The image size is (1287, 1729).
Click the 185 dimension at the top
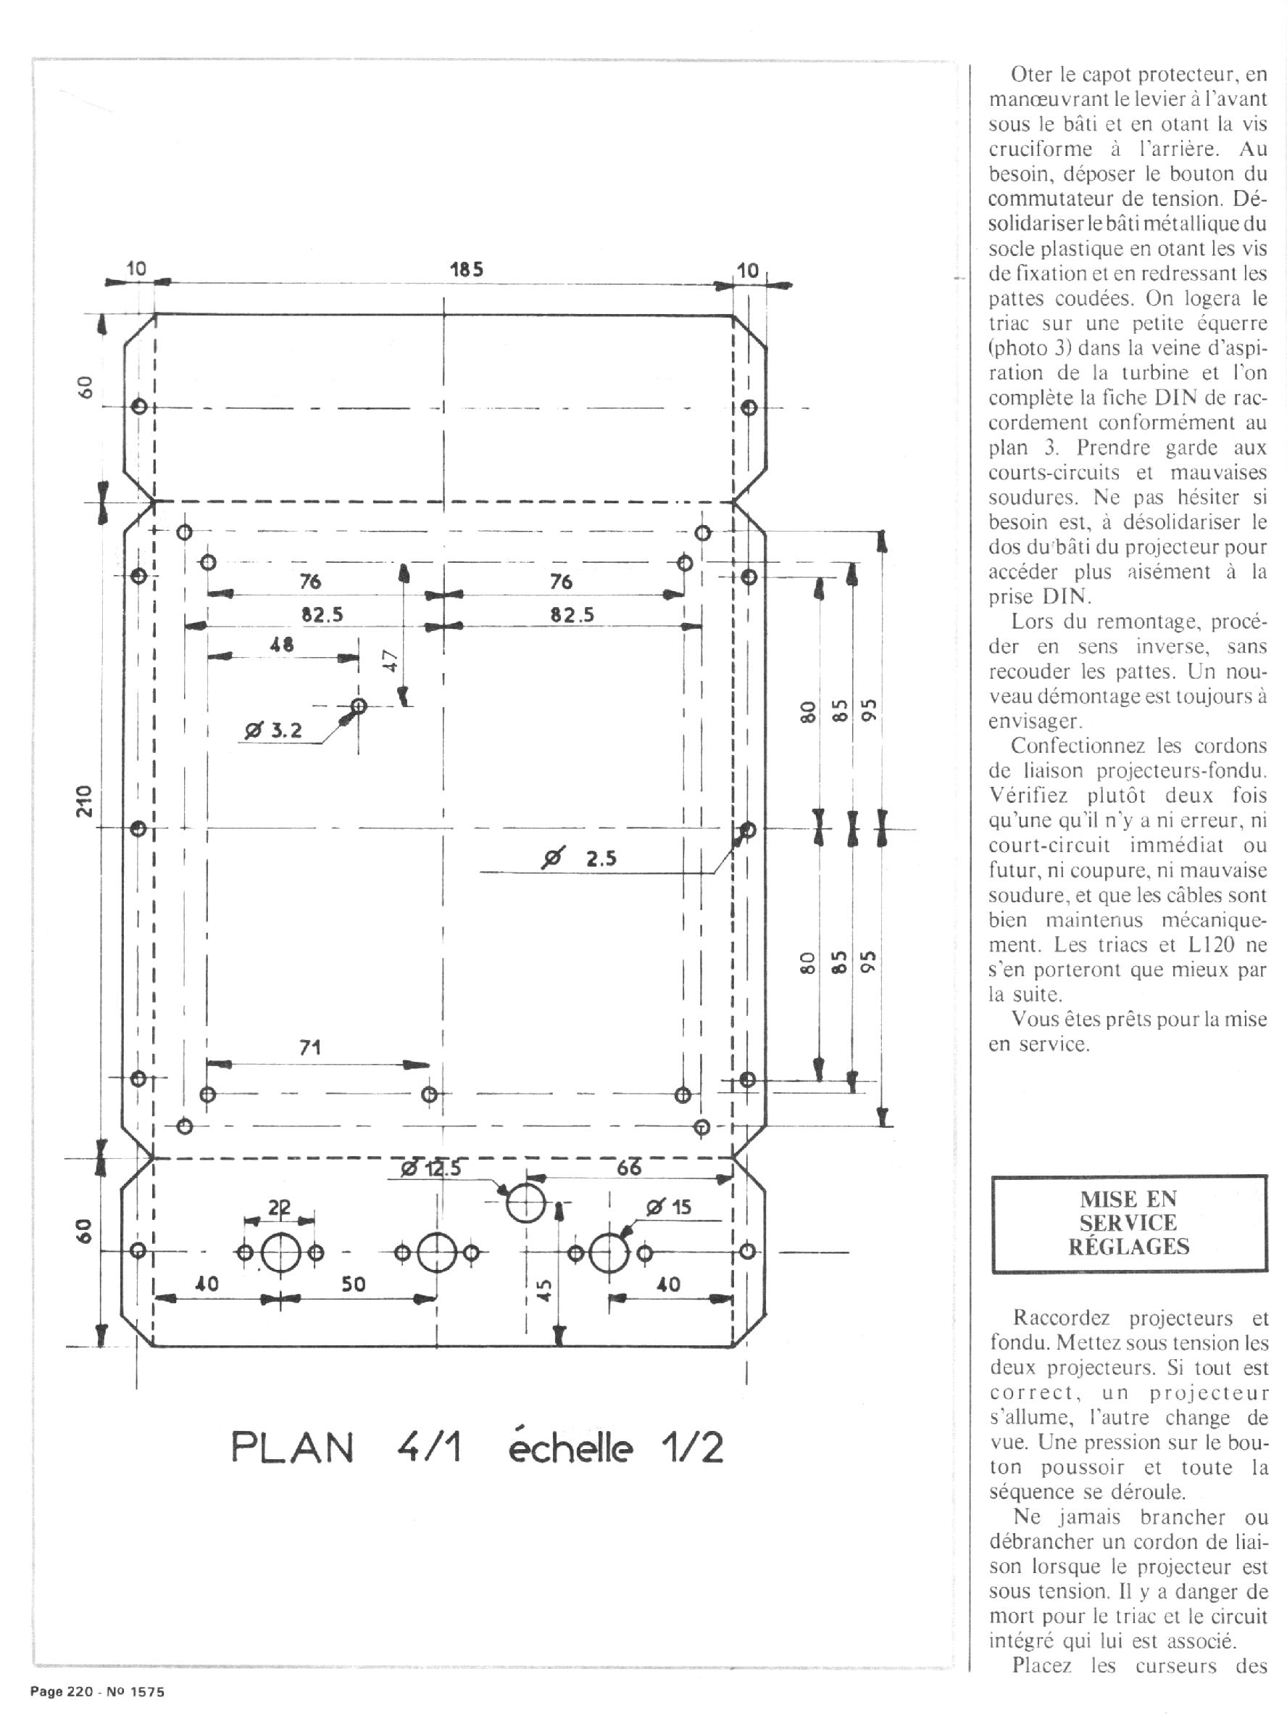(x=467, y=269)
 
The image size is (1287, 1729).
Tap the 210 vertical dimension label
(x=85, y=801)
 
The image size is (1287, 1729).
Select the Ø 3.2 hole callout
(x=272, y=730)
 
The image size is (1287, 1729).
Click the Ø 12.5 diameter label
(x=431, y=1168)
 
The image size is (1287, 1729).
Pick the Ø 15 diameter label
(x=669, y=1208)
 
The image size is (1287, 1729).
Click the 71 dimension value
(x=310, y=1048)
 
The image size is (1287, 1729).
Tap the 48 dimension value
(x=282, y=645)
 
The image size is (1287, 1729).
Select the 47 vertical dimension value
(x=391, y=661)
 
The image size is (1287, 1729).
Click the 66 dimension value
(x=629, y=1167)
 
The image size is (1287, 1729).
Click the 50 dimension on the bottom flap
(x=353, y=1284)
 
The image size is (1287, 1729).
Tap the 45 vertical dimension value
(x=546, y=1290)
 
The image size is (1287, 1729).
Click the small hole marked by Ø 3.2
(x=359, y=706)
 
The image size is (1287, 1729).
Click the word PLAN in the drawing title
(x=292, y=1448)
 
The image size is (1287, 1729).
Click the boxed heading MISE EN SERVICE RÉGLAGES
(x=1129, y=1223)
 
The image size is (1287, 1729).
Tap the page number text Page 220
(x=62, y=1692)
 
